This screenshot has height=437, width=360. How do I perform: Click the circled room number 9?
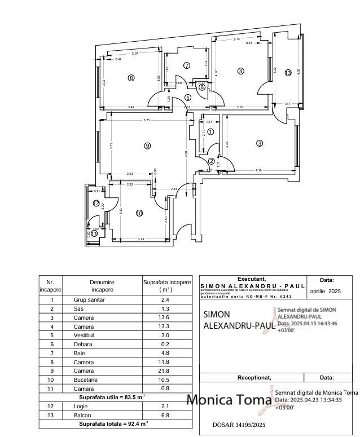[x=147, y=145]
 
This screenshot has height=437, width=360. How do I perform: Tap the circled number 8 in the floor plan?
[x=131, y=78]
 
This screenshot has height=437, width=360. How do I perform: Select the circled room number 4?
[x=241, y=71]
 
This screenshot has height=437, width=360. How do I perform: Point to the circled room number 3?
[x=260, y=143]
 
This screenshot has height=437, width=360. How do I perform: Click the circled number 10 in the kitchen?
[x=139, y=213]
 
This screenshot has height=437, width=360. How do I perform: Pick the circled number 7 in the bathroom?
[x=187, y=66]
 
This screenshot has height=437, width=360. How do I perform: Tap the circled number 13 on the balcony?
[x=288, y=73]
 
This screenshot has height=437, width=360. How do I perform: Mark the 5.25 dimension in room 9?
[x=147, y=120]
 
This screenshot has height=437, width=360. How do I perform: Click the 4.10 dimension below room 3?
[x=258, y=170]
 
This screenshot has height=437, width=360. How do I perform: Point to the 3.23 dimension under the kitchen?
[x=141, y=240]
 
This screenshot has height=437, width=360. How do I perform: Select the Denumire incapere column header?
[x=102, y=285]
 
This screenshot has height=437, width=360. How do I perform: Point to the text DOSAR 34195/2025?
[x=239, y=425]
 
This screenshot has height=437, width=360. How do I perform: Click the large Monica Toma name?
[x=230, y=400]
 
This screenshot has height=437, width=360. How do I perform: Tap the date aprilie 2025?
[x=326, y=292]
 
